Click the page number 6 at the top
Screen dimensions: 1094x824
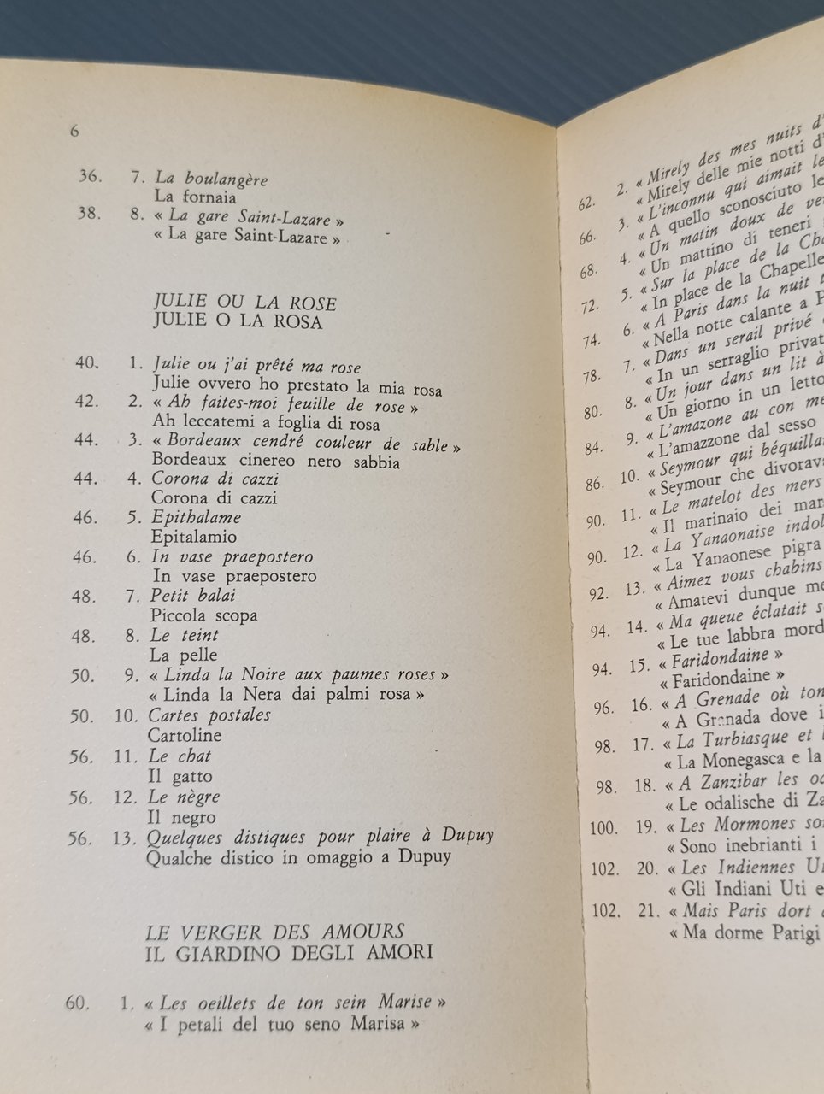[x=74, y=132]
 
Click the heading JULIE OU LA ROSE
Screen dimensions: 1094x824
[x=244, y=303]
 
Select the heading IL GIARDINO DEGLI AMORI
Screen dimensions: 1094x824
[x=288, y=951]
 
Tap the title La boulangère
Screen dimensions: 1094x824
[x=211, y=179]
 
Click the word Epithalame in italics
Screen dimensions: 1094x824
[x=196, y=517]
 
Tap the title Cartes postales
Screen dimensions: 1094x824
[x=209, y=715]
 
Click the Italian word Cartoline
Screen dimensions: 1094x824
[x=185, y=735]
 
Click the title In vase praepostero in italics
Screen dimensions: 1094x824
[x=232, y=556]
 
